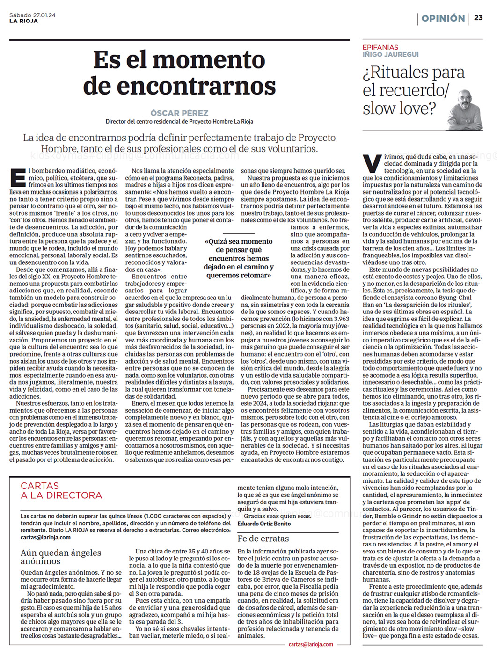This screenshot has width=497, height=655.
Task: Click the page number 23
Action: (x=478, y=18)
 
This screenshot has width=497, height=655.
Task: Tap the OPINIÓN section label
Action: (x=443, y=18)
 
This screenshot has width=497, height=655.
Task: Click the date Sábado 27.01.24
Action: (x=32, y=15)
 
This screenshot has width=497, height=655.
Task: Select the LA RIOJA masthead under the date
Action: (x=23, y=21)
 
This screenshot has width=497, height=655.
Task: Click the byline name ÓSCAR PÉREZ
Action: (x=179, y=113)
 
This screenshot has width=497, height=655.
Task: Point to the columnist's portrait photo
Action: (x=465, y=110)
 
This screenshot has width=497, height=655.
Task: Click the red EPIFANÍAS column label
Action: (x=380, y=47)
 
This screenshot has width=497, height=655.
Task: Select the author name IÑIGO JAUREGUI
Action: (x=390, y=54)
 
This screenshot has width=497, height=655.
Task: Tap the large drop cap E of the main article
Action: (x=18, y=178)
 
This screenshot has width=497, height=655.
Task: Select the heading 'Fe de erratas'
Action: (x=263, y=539)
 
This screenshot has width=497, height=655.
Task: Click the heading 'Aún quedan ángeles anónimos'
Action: (x=60, y=556)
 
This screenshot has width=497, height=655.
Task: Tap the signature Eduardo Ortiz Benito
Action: (x=264, y=524)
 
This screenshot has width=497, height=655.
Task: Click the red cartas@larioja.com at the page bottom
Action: (x=311, y=644)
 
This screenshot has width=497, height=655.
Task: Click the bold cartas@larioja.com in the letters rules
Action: (x=45, y=537)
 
